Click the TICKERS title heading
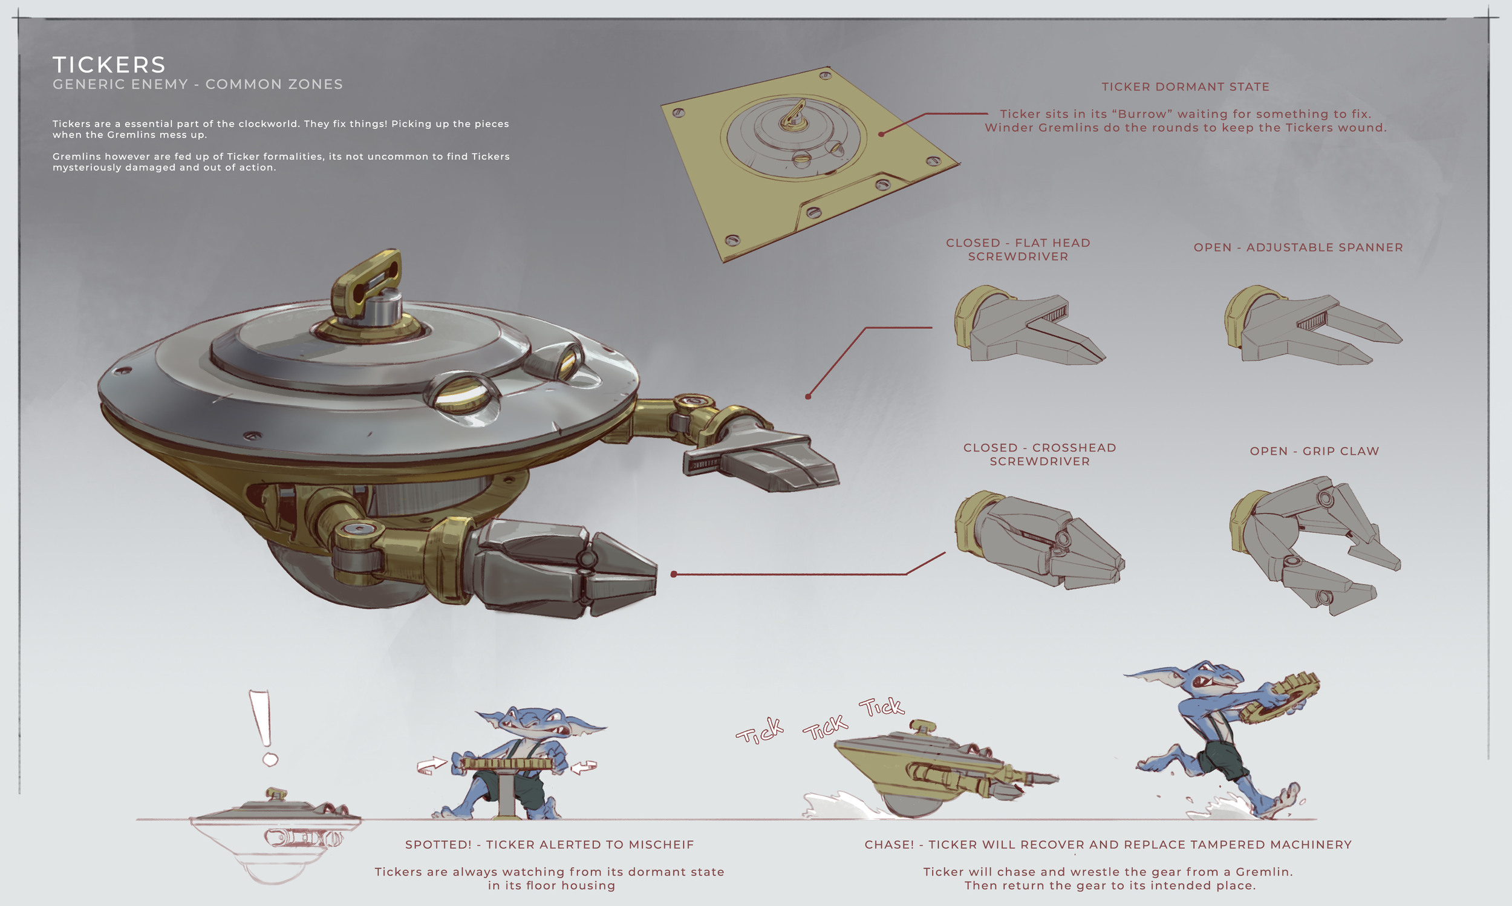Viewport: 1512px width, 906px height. click(109, 65)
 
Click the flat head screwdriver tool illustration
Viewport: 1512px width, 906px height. click(1029, 325)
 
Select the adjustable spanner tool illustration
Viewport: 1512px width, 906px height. click(1312, 325)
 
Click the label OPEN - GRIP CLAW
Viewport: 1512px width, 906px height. click(1314, 451)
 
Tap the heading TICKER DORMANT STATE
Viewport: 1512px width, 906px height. click(1185, 86)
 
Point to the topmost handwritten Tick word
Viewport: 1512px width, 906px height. click(881, 707)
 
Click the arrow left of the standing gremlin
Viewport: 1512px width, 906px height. click(432, 765)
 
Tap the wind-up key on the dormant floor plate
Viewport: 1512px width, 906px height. click(794, 116)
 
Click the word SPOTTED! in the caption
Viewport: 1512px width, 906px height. click(438, 844)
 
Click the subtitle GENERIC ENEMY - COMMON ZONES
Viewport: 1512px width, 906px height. click(198, 84)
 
